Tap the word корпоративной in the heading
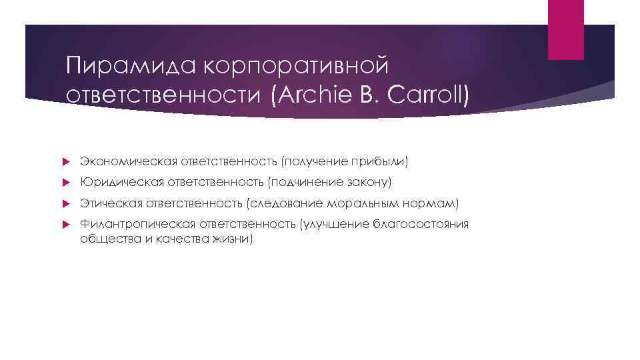tap(294, 67)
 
